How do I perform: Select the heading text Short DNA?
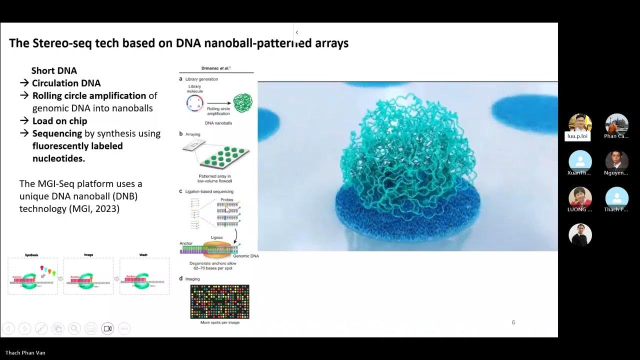54,70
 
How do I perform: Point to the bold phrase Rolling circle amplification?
89,95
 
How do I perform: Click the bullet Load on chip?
59,121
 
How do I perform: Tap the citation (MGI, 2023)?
94,208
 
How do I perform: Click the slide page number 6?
513,322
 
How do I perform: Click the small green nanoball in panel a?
243,103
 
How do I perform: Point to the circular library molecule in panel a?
194,103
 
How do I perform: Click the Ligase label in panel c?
217,237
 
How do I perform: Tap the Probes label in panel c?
226,200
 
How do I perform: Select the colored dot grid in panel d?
219,301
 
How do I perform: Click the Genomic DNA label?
245,256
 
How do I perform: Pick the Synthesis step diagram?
32,275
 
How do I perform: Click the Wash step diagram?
144,275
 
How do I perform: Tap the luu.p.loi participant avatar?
580,124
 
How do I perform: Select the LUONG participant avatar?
580,197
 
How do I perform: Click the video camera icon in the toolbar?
107,328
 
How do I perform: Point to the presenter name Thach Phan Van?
25,353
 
